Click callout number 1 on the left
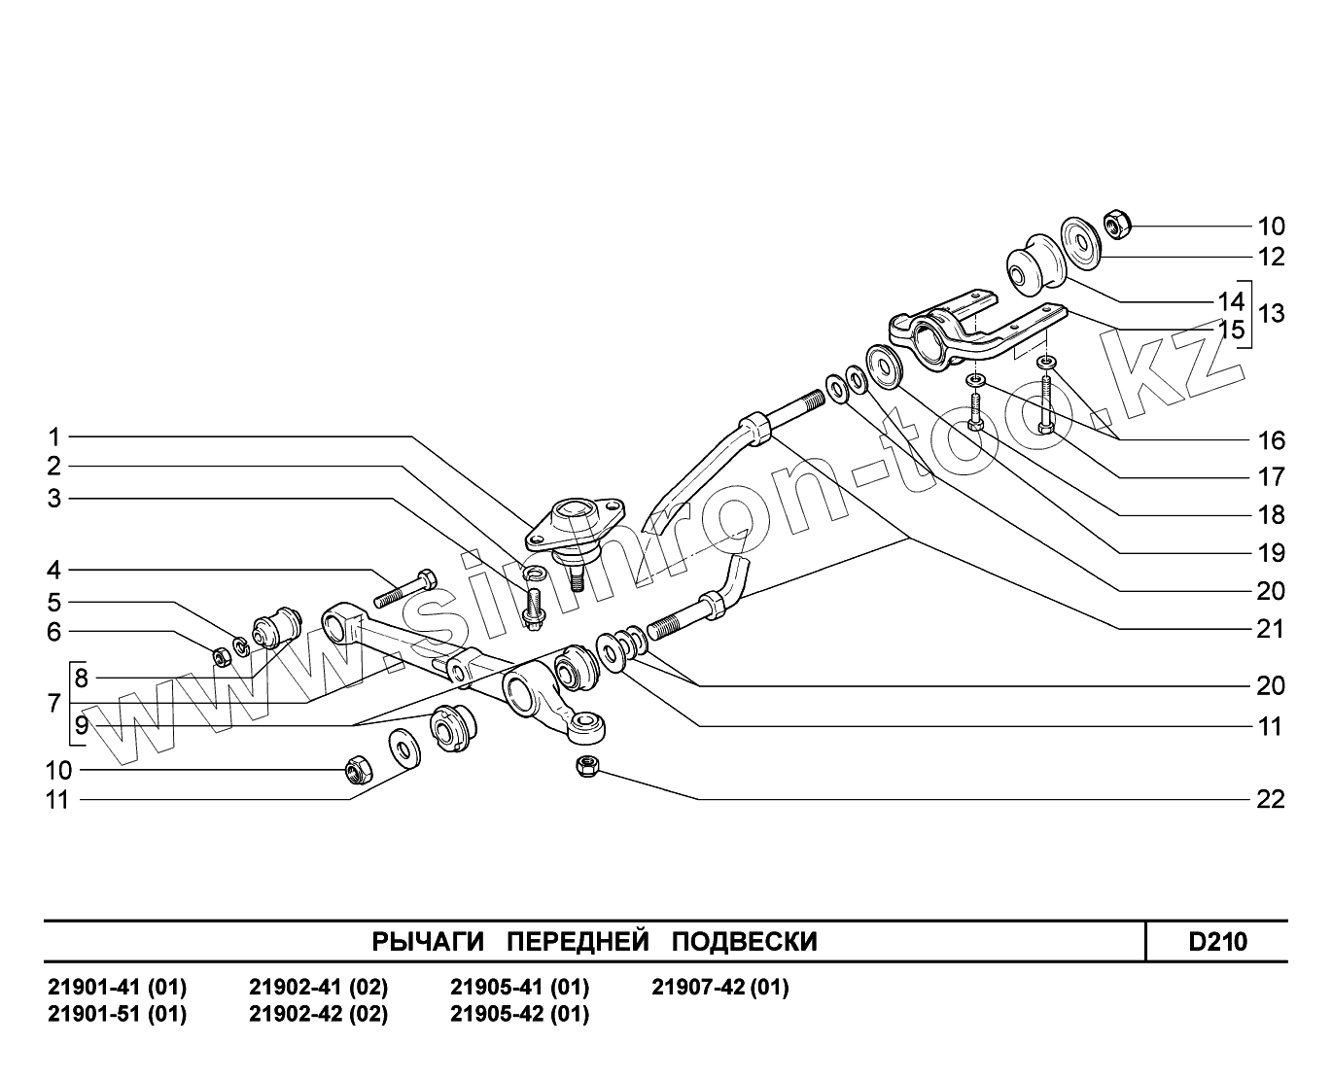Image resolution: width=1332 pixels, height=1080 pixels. pyautogui.click(x=54, y=436)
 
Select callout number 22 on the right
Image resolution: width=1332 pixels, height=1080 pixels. pyautogui.click(x=1271, y=799)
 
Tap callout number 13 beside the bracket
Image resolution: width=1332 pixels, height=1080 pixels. pyautogui.click(x=1271, y=314)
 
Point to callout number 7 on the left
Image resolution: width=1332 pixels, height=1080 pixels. pyautogui.click(x=54, y=703)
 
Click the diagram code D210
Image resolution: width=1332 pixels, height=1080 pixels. pyautogui.click(x=1217, y=942)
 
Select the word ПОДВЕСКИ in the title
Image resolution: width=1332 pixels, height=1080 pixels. pyautogui.click(x=745, y=942)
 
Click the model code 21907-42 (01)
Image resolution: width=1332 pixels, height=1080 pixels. pyautogui.click(x=719, y=988)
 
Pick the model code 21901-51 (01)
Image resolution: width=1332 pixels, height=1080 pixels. pyautogui.click(x=118, y=1014)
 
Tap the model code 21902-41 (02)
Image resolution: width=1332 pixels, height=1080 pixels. pyautogui.click(x=319, y=988)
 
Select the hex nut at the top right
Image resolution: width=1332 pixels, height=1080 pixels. pyautogui.click(x=1116, y=225)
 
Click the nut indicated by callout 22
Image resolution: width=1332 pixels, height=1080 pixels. pyautogui.click(x=586, y=766)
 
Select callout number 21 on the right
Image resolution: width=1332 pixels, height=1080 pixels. pyautogui.click(x=1271, y=629)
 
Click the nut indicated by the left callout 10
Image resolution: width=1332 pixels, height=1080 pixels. pyautogui.click(x=357, y=771)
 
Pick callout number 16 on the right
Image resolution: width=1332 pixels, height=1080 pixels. pyautogui.click(x=1271, y=440)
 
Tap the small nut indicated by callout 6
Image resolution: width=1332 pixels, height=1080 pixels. pyautogui.click(x=221, y=656)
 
